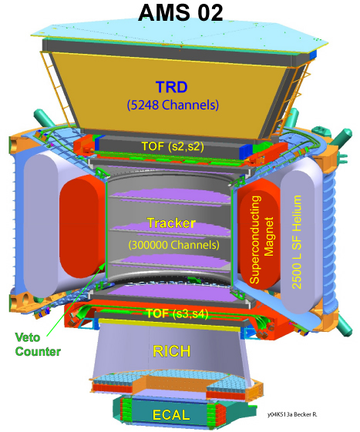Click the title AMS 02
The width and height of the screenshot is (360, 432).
click(x=180, y=12)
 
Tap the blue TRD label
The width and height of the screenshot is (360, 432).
click(x=172, y=87)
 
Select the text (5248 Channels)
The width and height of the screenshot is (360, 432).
click(x=173, y=105)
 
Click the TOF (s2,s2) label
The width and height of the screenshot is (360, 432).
click(x=173, y=146)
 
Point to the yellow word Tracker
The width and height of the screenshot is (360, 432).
click(x=171, y=223)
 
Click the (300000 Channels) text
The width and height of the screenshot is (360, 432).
click(x=173, y=245)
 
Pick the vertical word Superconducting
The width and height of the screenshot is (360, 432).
click(x=254, y=239)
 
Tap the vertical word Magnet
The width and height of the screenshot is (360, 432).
click(x=269, y=236)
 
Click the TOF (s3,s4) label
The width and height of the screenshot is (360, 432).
click(x=177, y=313)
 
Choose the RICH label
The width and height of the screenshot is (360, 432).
click(x=172, y=351)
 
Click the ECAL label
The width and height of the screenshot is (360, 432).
click(x=171, y=415)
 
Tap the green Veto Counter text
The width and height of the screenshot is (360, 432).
click(x=38, y=344)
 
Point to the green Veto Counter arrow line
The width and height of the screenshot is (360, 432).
click(x=76, y=299)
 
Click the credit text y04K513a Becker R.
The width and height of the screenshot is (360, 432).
click(x=292, y=414)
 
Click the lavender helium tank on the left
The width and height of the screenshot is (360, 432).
click(x=42, y=225)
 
